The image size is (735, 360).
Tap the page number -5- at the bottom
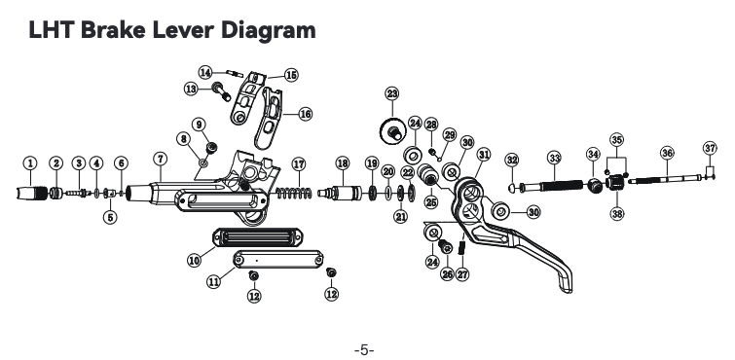pos(364,349)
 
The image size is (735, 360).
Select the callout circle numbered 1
pos(30,163)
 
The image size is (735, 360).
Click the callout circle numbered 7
pos(160,159)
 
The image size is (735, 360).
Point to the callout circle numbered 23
pos(392,93)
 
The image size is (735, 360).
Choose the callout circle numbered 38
pos(617,214)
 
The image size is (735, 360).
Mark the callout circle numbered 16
pos(305,114)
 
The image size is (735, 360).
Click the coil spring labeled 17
pos(294,193)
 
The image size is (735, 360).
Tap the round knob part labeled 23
pos(392,131)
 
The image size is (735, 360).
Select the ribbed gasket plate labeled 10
pos(257,237)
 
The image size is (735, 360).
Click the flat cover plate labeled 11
pos(278,259)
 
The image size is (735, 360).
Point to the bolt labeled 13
pos(221,91)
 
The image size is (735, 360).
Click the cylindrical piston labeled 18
pos(340,193)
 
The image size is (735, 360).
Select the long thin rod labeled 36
pos(666,179)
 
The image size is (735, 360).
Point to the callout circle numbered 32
pos(512,161)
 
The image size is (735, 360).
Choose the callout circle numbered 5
pos(110,217)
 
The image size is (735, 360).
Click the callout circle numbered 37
pos(710,149)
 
